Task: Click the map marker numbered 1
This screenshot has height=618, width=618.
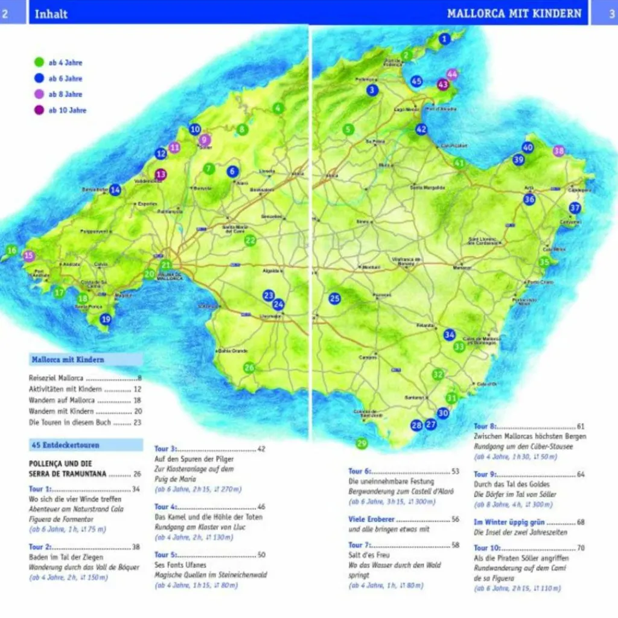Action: pyautogui.click(x=445, y=40)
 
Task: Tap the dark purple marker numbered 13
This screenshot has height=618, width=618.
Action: pyautogui.click(x=161, y=175)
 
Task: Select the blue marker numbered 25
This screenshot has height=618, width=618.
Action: pyautogui.click(x=334, y=298)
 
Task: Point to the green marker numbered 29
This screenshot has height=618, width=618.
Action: pyautogui.click(x=362, y=444)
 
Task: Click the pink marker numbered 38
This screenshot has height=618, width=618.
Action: pyautogui.click(x=559, y=151)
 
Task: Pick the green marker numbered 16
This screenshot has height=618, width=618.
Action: pyautogui.click(x=11, y=250)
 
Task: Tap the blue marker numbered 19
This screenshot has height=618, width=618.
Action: pyautogui.click(x=106, y=319)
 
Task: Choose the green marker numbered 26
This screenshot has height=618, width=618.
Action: pyautogui.click(x=249, y=368)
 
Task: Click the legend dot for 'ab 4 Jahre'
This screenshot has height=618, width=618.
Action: pyautogui.click(x=39, y=62)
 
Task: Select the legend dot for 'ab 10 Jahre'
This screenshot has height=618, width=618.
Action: pyautogui.click(x=39, y=110)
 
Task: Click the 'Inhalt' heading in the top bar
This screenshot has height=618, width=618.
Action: pyautogui.click(x=51, y=14)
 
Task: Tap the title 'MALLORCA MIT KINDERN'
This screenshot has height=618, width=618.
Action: pyautogui.click(x=514, y=13)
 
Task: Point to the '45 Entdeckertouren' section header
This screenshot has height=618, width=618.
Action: pyautogui.click(x=65, y=445)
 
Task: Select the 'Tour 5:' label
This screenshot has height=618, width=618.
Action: pyautogui.click(x=165, y=555)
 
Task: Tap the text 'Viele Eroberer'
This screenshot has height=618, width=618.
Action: pyautogui.click(x=371, y=519)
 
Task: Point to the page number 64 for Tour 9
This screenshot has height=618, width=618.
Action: pyautogui.click(x=581, y=474)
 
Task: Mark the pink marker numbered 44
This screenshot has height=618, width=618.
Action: pyautogui.click(x=451, y=74)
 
